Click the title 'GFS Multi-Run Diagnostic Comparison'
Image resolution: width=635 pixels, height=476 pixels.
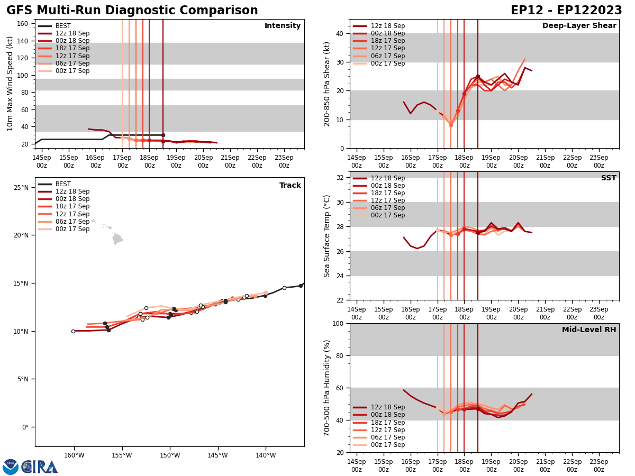tap(132, 11)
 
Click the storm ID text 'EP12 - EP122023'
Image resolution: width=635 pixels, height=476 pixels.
tap(566, 11)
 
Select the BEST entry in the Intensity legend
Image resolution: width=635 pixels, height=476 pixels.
tap(63, 26)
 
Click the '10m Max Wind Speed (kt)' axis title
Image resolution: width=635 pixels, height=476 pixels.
tap(10, 84)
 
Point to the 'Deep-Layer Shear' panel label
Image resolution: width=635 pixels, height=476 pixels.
tap(579, 26)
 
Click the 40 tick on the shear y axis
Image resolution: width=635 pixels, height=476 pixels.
tap(339, 34)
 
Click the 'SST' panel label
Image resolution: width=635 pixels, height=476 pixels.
tap(609, 178)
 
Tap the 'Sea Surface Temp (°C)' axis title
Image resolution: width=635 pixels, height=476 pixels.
tap(328, 236)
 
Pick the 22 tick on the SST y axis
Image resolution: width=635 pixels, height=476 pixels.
tap(339, 300)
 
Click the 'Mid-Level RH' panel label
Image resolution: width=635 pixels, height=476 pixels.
tap(589, 330)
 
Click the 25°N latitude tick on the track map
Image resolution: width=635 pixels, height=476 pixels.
tap(21, 187)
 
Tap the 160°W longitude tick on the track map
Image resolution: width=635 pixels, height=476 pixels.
tap(74, 456)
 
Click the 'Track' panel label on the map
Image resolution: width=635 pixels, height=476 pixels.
tap(290, 186)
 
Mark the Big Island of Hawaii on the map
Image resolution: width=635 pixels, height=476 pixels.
tap(117, 239)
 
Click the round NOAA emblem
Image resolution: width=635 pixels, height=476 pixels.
tap(11, 466)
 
